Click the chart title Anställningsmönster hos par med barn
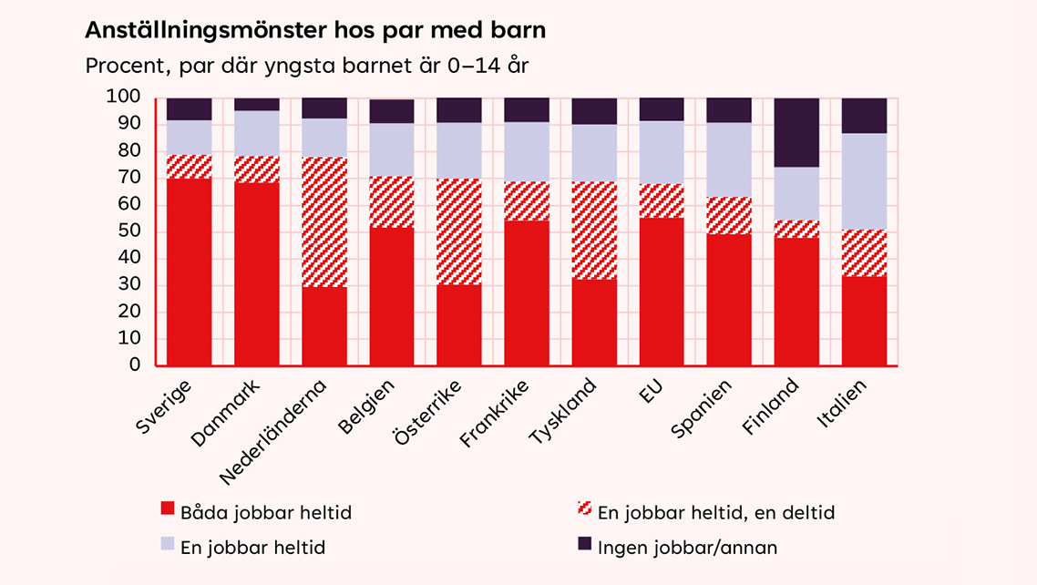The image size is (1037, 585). point(314,31)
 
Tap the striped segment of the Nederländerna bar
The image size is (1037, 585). point(324,222)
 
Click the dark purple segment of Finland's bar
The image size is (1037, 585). point(796,132)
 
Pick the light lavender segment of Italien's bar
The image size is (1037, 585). point(864,181)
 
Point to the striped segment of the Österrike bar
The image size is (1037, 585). point(459,231)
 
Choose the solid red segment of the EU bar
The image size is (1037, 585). point(662,291)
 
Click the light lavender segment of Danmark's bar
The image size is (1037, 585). point(257,133)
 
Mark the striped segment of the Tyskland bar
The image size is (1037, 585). point(594,230)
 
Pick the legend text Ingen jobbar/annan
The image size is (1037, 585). point(687,548)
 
